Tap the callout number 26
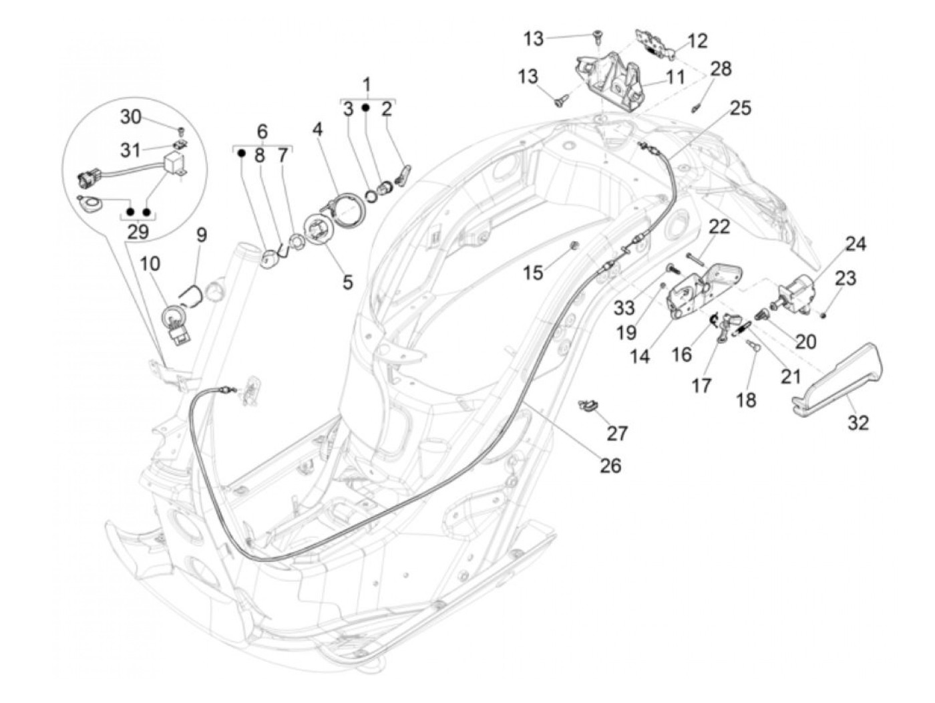click(x=610, y=465)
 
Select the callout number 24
click(x=855, y=244)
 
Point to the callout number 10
click(x=150, y=263)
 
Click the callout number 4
click(x=317, y=129)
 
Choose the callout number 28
click(x=721, y=68)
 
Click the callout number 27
click(x=617, y=433)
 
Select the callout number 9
click(x=201, y=235)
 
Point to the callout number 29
click(x=138, y=232)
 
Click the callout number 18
click(x=746, y=400)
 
